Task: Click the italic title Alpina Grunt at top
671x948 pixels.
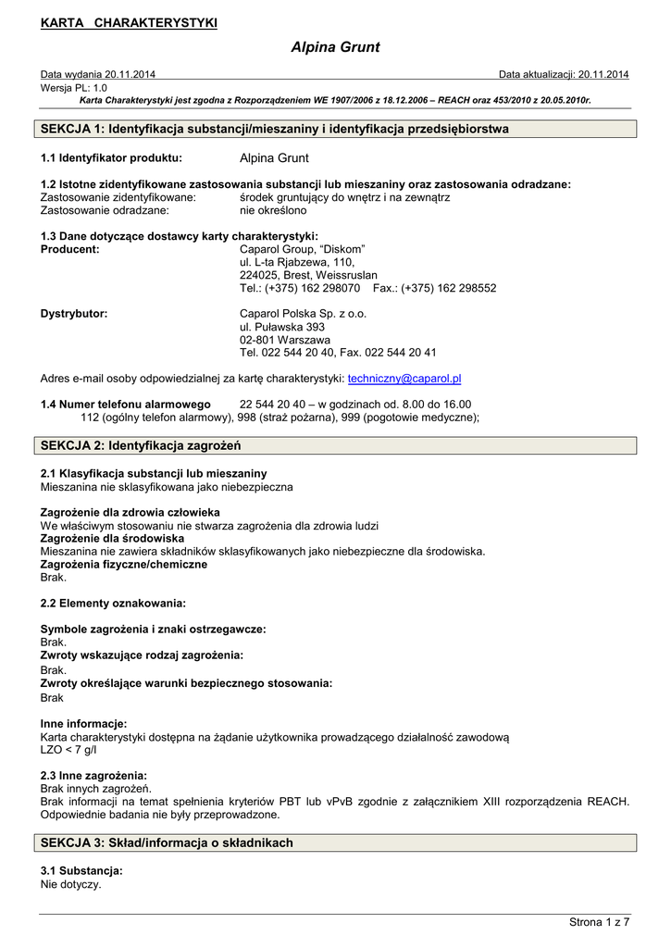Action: coord(335,47)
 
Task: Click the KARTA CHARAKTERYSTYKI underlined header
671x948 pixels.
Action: coord(129,23)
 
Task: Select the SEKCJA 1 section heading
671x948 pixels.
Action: coord(275,129)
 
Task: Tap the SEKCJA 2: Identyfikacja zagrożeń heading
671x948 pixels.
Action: coord(141,446)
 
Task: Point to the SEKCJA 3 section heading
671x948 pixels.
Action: coord(167,842)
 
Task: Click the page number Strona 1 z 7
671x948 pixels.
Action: coord(599,921)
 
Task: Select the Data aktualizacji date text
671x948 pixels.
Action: coord(564,74)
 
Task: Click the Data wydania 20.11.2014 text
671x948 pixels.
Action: coord(98,74)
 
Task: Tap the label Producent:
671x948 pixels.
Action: coord(70,249)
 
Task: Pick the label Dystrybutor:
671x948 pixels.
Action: coord(74,314)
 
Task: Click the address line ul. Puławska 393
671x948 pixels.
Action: coord(282,327)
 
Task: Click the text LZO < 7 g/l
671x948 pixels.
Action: coord(68,749)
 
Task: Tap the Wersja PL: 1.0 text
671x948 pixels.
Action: coord(74,87)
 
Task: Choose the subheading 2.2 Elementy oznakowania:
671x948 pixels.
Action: coord(113,603)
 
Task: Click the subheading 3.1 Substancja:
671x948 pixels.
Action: coord(81,871)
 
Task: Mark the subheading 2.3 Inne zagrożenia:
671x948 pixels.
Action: coord(93,775)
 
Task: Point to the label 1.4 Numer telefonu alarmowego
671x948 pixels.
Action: coord(125,405)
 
